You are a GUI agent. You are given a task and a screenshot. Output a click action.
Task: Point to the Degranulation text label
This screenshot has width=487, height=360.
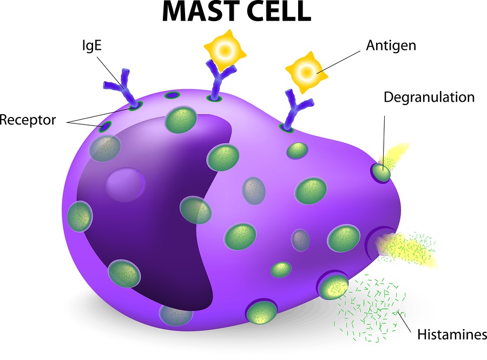tap(429, 97)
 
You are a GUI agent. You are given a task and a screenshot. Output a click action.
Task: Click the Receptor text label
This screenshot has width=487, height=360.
tap(28, 119)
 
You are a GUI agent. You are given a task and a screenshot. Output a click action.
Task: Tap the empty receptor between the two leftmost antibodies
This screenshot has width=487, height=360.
tap(173, 96)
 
